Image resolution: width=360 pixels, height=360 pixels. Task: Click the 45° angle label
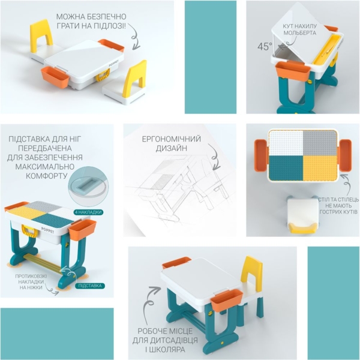[x=265, y=46]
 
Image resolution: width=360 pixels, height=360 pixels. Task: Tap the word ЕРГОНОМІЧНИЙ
[x=171, y=139]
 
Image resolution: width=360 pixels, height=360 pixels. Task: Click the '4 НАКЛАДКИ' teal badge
[x=88, y=212]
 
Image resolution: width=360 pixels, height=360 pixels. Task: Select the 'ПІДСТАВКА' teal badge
[x=90, y=286]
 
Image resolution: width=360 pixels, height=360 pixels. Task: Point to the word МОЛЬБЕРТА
[x=299, y=33]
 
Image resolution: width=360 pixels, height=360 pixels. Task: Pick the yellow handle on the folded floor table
[x=102, y=77]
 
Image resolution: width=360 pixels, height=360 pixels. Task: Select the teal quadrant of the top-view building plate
[x=286, y=168]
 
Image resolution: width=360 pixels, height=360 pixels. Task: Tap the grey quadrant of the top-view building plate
[x=320, y=143]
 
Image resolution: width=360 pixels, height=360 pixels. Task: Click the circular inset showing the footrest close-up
[x=88, y=182]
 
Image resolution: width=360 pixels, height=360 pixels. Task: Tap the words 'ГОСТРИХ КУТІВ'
[x=338, y=212]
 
